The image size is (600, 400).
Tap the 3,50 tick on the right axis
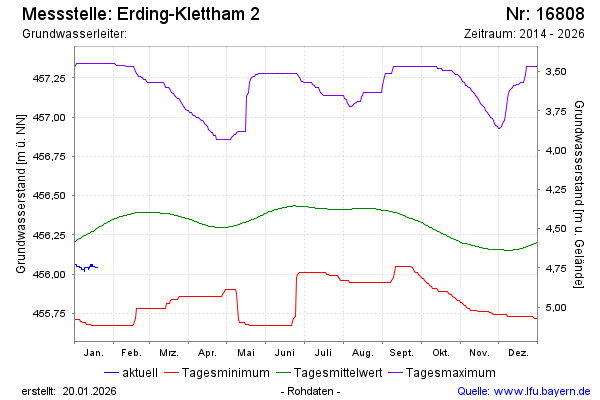(x=557, y=71)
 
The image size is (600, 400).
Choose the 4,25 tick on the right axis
(x=557, y=189)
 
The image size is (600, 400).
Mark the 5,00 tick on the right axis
(x=557, y=307)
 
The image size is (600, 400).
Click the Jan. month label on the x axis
(x=94, y=353)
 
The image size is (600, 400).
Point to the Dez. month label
(x=518, y=353)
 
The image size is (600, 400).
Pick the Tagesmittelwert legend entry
(x=334, y=373)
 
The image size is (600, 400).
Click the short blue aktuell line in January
(x=86, y=267)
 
